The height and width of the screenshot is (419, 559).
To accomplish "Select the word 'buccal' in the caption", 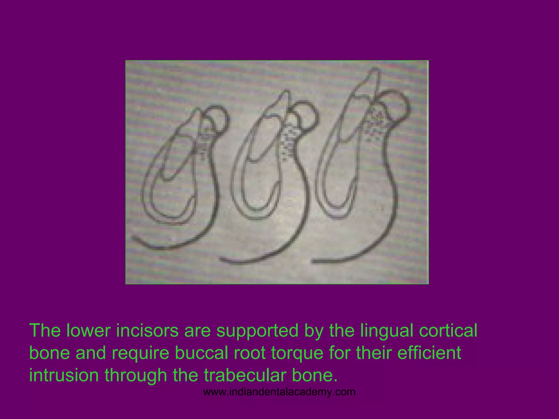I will tap(201, 353).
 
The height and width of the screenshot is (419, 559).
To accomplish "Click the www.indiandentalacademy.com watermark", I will tap(279, 392).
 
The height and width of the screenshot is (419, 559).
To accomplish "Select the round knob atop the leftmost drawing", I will tap(218, 116).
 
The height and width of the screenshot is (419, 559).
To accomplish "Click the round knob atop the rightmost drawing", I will tap(396, 105).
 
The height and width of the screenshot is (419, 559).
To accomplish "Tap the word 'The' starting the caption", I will tap(45, 330).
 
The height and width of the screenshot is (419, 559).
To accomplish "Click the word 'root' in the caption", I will tap(251, 353).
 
